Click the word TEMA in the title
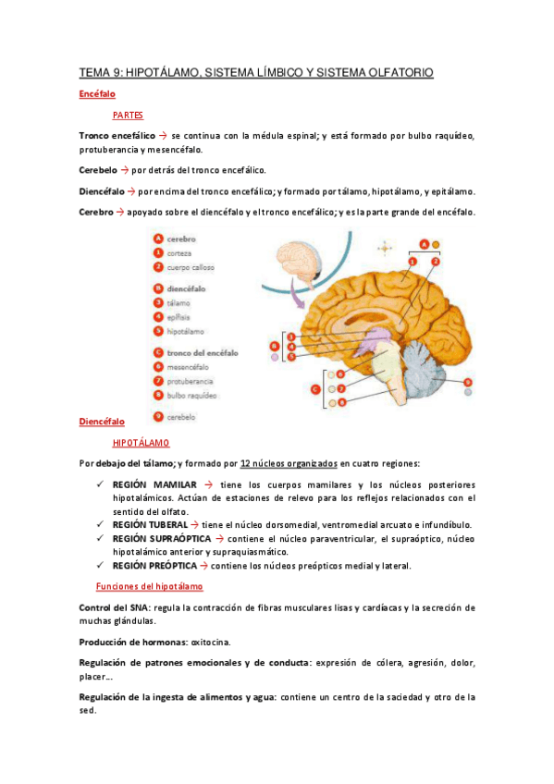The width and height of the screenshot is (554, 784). tap(93, 71)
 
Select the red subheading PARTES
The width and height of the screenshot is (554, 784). tap(128, 116)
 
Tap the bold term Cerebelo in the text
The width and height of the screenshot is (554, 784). tap(98, 170)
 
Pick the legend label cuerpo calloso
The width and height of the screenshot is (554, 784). tap(193, 266)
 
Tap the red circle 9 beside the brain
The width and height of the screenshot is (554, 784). tap(468, 381)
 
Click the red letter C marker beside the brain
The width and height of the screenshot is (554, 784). tap(315, 388)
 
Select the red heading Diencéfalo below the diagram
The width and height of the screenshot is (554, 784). tap(101, 421)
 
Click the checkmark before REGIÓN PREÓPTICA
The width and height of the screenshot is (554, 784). tap(100, 565)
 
